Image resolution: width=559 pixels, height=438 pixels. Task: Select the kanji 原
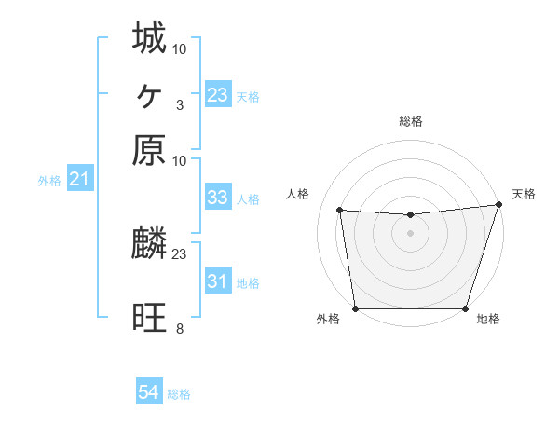[149, 150]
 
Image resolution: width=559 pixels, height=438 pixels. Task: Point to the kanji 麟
[149, 244]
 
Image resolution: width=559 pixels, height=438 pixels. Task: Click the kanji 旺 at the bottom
[149, 318]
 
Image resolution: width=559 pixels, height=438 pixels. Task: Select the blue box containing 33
[217, 198]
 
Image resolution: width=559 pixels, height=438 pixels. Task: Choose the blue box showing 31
[217, 281]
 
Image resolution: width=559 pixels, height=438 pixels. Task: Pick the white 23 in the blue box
[217, 95]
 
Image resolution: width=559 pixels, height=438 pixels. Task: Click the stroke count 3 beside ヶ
[179, 105]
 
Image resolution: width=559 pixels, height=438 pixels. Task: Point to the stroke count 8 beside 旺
[179, 329]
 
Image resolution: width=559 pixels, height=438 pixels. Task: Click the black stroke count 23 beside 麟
[179, 253]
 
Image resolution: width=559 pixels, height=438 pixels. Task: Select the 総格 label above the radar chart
[410, 122]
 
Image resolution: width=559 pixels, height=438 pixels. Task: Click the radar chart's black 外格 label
[328, 320]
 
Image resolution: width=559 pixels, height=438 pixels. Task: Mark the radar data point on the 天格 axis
[498, 205]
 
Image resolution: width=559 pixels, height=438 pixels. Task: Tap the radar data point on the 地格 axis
[465, 308]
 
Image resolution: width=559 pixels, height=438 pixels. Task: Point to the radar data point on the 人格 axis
[339, 211]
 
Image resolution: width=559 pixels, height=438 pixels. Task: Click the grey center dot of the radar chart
[410, 233]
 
